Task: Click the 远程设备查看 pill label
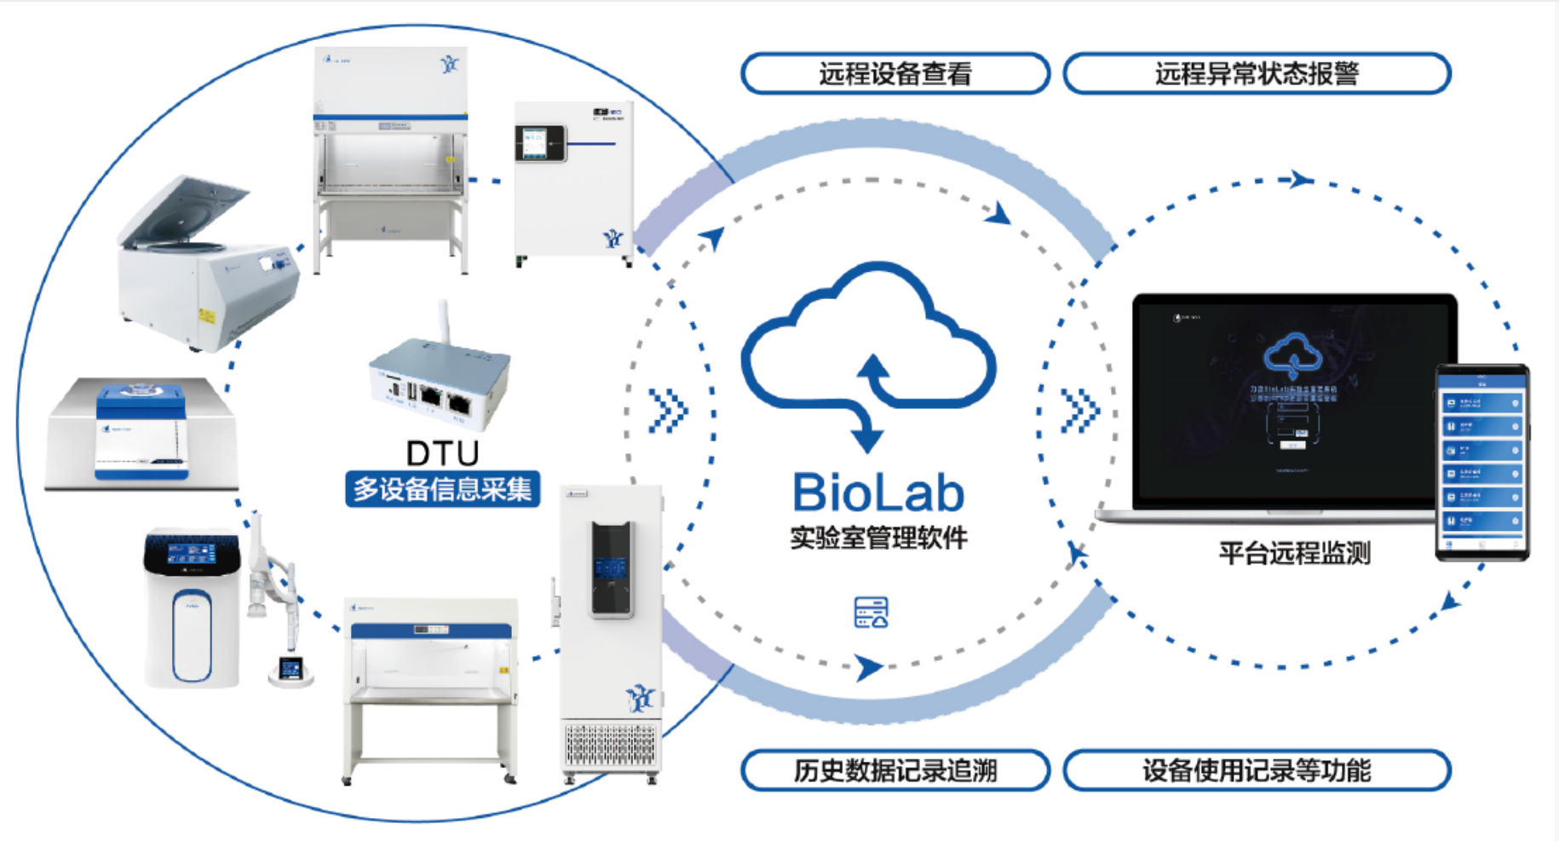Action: coord(895,74)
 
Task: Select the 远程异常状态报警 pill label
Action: coord(1257,74)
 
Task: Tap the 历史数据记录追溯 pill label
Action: coord(895,771)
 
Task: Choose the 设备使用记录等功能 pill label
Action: coord(1257,771)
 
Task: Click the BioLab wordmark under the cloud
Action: coord(878,493)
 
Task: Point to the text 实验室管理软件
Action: coord(878,539)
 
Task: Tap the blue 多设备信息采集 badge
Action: coord(442,489)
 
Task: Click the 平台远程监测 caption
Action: coord(1294,554)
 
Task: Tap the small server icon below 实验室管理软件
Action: coord(871,613)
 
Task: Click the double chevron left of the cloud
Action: coord(667,411)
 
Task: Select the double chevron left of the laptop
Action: coord(1079,411)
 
